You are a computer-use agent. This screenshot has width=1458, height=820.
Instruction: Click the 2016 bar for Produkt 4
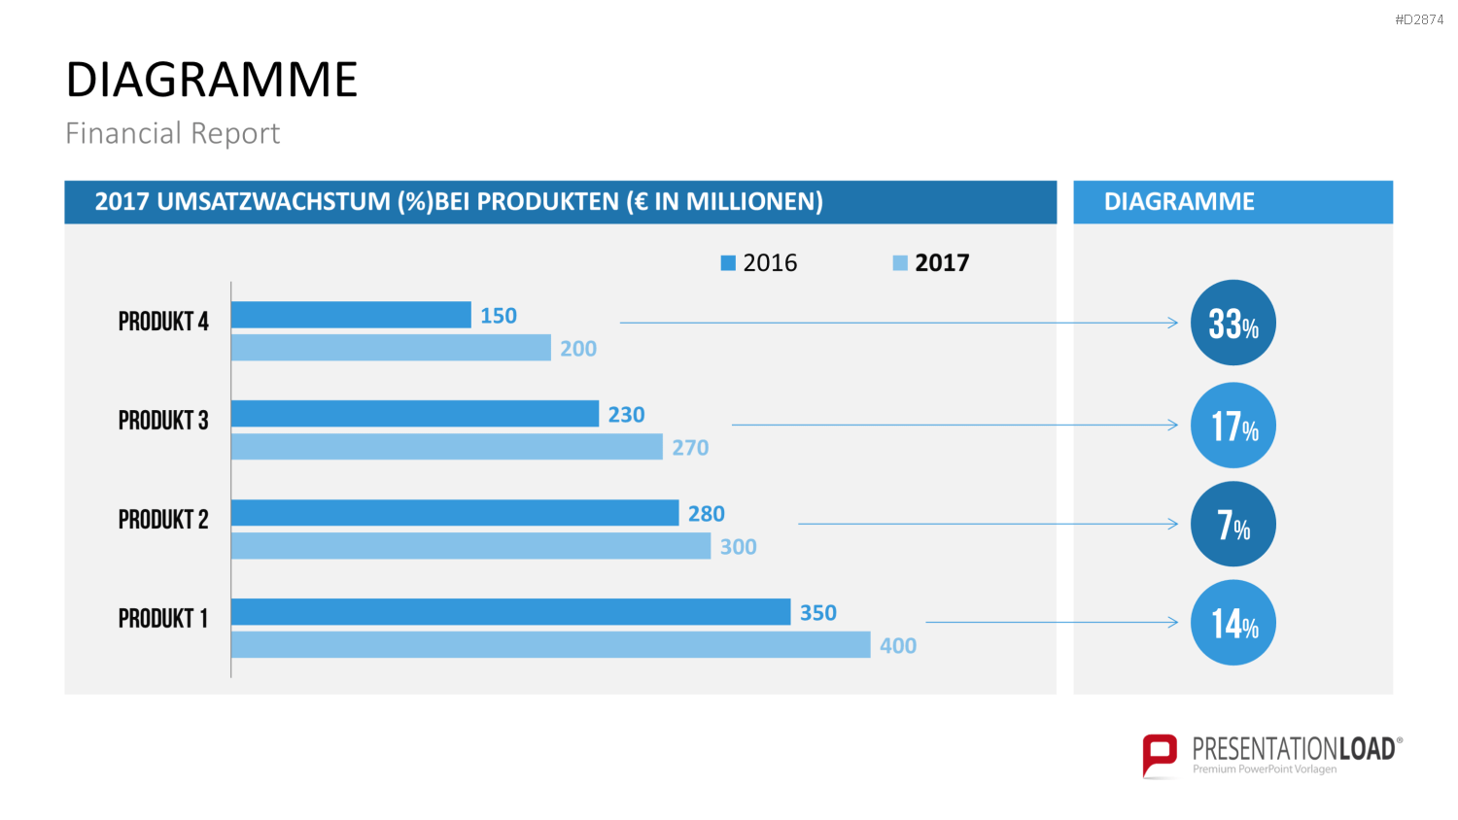coord(351,315)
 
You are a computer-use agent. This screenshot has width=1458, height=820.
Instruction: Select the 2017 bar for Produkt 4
coord(391,348)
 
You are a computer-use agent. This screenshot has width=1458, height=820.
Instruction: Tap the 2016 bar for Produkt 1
coord(511,612)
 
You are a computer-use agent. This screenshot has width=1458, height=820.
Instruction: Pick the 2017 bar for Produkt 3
coord(447,447)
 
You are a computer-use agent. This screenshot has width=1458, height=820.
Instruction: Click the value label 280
coord(707,514)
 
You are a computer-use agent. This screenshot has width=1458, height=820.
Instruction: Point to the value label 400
coord(898,645)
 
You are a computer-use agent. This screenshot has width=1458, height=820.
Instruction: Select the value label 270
coord(690,448)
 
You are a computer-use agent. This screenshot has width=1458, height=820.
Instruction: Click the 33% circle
coord(1233,323)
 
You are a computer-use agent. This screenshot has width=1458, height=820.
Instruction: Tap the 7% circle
coord(1233,524)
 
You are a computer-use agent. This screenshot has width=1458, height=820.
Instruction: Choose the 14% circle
coord(1233,623)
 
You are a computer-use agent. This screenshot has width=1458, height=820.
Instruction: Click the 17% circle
coord(1233,425)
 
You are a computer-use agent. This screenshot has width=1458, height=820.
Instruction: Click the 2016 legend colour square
coord(728,263)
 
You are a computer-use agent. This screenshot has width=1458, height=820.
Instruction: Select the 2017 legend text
coord(942,263)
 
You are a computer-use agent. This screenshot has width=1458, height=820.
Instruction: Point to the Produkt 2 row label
coord(163,520)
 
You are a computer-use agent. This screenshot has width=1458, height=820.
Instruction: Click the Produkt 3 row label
coord(163,421)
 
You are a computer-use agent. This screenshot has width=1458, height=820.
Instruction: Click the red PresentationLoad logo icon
coord(1160,756)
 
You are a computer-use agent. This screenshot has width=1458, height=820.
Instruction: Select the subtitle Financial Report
coord(172,133)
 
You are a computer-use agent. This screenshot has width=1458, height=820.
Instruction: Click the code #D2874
coord(1419,20)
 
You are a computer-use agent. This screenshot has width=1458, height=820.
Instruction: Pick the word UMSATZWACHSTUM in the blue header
coord(274,202)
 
